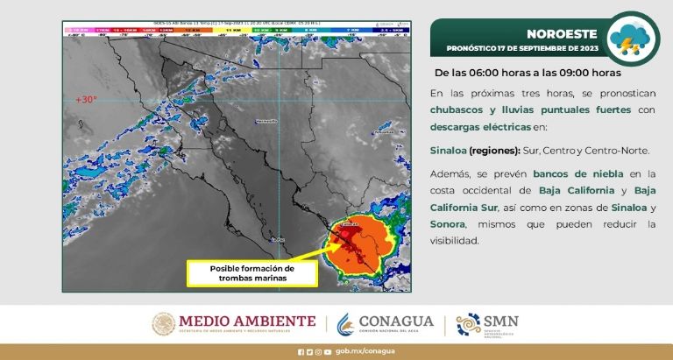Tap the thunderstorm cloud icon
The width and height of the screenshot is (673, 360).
coord(633,38)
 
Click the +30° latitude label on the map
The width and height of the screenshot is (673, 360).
coord(86,99)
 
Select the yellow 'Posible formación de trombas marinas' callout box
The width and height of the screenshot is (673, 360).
coord(251,272)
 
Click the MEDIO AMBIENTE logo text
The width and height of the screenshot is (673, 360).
coord(248,321)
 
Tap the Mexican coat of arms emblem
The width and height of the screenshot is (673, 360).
coord(164,324)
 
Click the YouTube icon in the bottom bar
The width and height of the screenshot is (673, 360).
coord(328,352)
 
